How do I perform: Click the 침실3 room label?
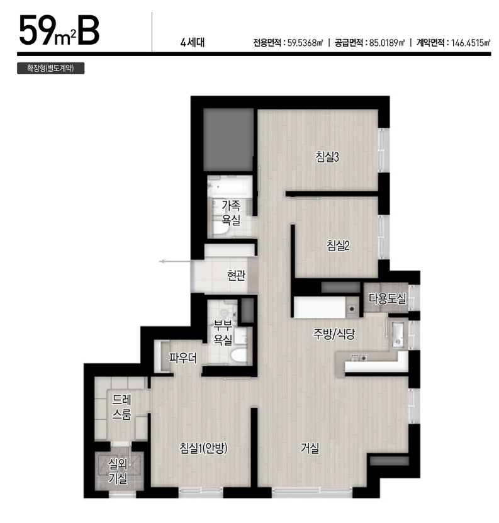(327, 157)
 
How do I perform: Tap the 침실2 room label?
(338, 246)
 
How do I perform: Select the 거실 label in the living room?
(310, 448)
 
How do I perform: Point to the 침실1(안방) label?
(203, 448)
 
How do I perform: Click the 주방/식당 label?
(334, 334)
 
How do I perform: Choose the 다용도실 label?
(387, 298)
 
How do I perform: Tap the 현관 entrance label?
(236, 275)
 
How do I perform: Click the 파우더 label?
(182, 358)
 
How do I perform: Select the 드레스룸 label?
(121, 407)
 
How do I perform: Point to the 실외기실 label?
(118, 471)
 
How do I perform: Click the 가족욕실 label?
(231, 213)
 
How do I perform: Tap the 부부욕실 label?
(223, 332)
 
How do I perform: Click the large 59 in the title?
(36, 30)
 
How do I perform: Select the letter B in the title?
(89, 30)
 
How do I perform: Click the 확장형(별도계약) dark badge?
(51, 69)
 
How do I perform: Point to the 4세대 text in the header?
(193, 43)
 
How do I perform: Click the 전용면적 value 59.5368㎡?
(305, 43)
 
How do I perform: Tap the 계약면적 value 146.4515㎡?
(471, 43)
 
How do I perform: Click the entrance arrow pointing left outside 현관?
(175, 262)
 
